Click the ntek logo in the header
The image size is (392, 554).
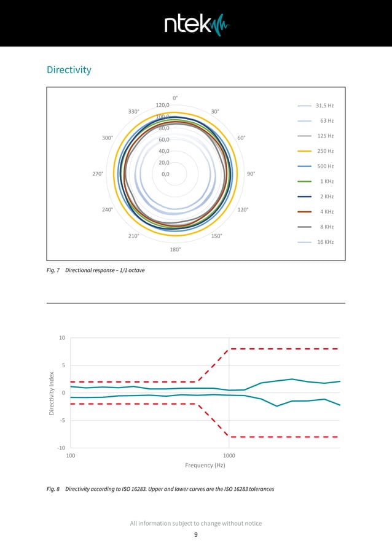[196, 24]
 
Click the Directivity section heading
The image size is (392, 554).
[69, 70]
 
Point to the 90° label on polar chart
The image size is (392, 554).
[251, 174]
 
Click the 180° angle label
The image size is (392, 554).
[175, 249]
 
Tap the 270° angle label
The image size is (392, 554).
[98, 174]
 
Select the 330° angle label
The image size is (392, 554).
[134, 112]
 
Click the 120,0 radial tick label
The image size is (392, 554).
[163, 106]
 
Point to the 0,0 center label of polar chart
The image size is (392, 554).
[165, 174]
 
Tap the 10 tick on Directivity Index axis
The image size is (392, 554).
[62, 338]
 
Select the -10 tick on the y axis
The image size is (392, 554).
[61, 448]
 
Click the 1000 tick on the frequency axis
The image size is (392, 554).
[229, 456]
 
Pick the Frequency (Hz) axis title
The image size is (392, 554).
[205, 466]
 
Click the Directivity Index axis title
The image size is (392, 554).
[52, 392]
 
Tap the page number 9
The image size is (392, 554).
[196, 536]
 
